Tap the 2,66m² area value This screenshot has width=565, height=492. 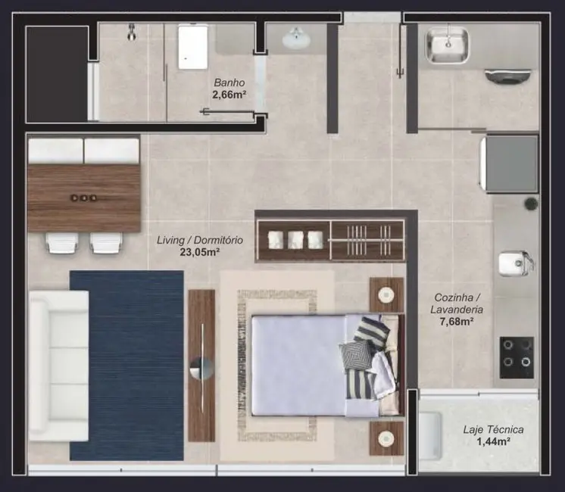tap(230, 96)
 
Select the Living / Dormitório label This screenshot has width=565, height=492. tap(199, 240)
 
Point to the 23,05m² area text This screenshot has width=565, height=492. tap(199, 252)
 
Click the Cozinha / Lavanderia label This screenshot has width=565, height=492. tap(455, 304)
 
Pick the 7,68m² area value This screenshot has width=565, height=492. tap(455, 322)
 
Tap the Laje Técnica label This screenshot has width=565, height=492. tap(493, 430)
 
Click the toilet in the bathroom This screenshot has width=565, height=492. tap(192, 47)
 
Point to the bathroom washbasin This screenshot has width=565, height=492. tap(295, 38)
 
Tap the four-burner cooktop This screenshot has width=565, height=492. tap(516, 353)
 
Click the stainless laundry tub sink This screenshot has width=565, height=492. tap(448, 45)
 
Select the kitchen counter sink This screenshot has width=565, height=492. tap(514, 263)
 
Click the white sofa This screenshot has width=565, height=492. tap(58, 366)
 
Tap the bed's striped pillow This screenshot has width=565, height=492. tap(370, 332)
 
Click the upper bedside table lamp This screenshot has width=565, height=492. tap(386, 294)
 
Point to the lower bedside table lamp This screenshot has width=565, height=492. tap(386, 438)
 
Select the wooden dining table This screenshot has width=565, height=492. tap(83, 198)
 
